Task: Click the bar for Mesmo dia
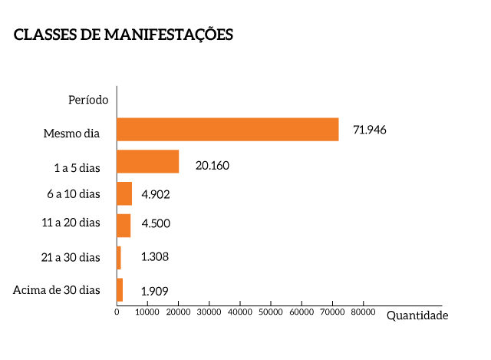tap(227, 130)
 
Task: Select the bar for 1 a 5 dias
tap(147, 162)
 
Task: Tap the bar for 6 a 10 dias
tap(124, 193)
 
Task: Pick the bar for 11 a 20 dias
tap(124, 226)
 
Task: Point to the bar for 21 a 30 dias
tap(119, 258)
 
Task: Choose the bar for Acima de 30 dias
tap(120, 289)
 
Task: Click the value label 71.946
tap(369, 130)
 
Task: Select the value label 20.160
tap(213, 165)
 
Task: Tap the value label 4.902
tap(155, 194)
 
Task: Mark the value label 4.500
tap(155, 224)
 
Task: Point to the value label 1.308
tap(154, 256)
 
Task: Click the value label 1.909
tap(154, 292)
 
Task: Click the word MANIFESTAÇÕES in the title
tap(168, 35)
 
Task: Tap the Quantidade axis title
tap(417, 315)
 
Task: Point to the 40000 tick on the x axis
tap(240, 312)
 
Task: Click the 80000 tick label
tap(363, 312)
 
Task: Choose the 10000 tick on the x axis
tap(147, 312)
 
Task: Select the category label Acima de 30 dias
tap(57, 289)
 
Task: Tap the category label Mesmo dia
tap(71, 134)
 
